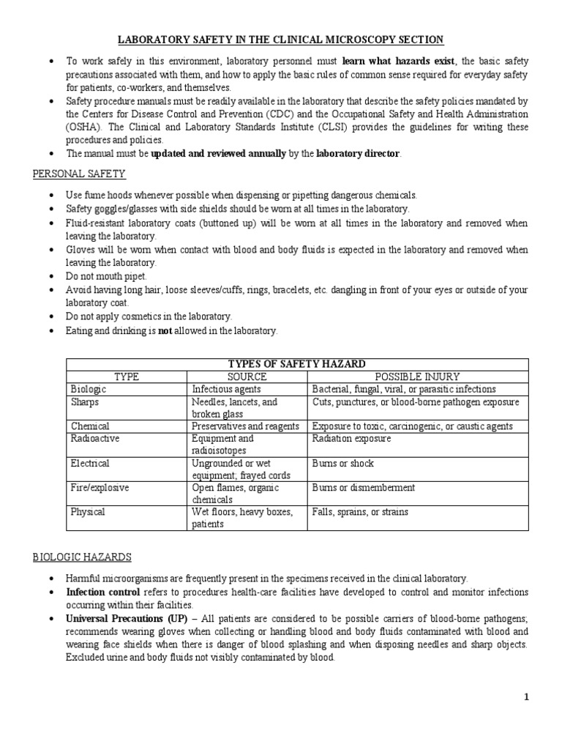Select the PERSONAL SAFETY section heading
click(x=79, y=174)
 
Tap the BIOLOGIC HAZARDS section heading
click(x=82, y=557)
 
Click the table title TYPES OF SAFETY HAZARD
click(x=296, y=365)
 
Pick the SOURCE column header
click(x=247, y=377)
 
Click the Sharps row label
click(x=85, y=402)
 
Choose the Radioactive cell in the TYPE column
click(x=95, y=439)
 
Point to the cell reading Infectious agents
click(x=226, y=390)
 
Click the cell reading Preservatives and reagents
click(x=245, y=426)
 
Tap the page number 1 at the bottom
click(x=526, y=697)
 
